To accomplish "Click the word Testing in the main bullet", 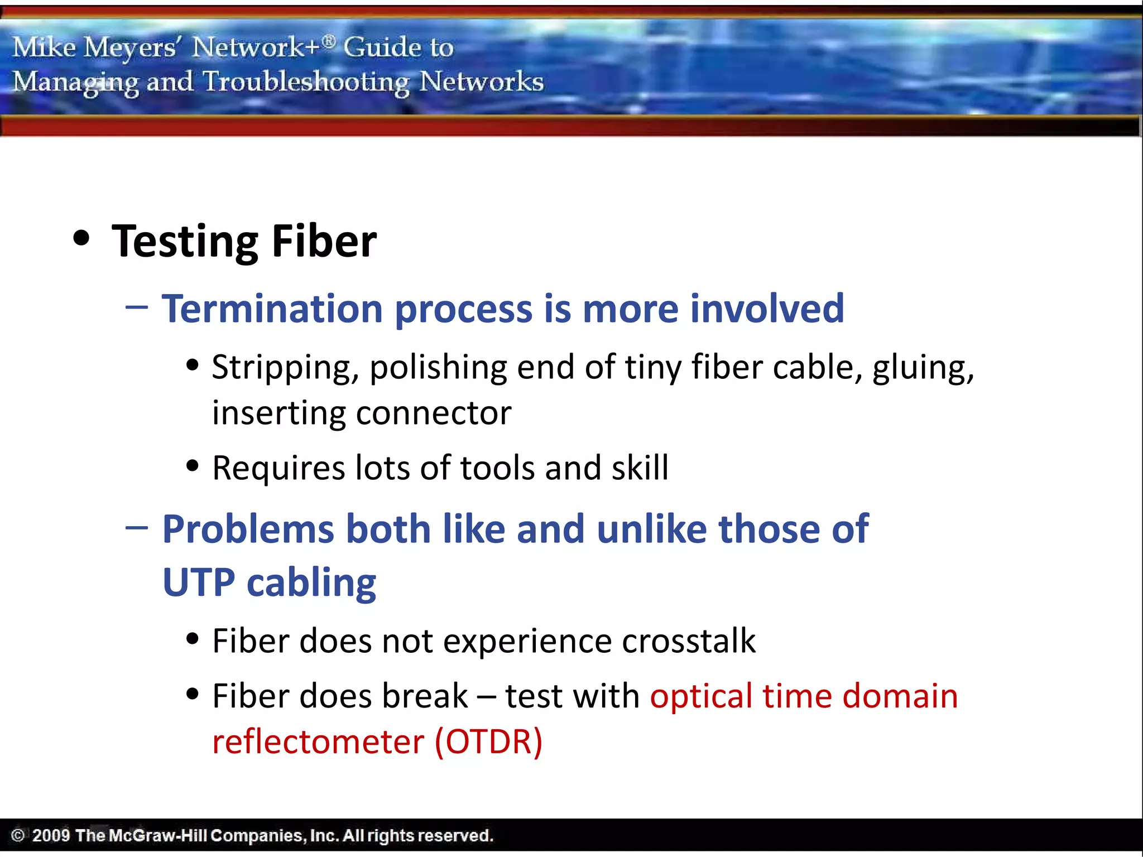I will click(x=184, y=242).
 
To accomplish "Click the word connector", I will click(x=434, y=413).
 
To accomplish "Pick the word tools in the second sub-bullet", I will click(x=497, y=468).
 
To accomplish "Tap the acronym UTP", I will click(x=199, y=582).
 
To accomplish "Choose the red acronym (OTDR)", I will click(x=488, y=742).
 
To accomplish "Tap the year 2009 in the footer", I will click(x=51, y=835).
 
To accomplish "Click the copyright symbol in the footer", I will click(x=18, y=835).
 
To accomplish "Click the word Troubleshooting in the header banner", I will click(x=306, y=83).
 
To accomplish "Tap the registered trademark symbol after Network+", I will click(x=329, y=40).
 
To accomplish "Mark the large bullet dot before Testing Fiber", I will click(x=81, y=238).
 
